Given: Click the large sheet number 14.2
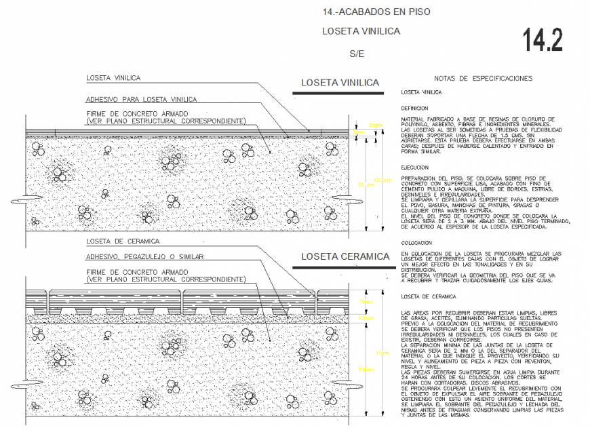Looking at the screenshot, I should pyautogui.click(x=543, y=41).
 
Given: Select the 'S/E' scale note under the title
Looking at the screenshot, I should pyautogui.click(x=357, y=52).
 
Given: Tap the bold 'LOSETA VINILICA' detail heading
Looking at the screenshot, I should pyautogui.click(x=340, y=83).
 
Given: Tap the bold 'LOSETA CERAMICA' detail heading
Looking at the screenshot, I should pyautogui.click(x=345, y=256).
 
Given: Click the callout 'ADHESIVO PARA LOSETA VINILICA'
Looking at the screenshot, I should pyautogui.click(x=141, y=99).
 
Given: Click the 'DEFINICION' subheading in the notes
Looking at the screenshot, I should pyautogui.click(x=414, y=108).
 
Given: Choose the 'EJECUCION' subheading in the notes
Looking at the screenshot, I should pyautogui.click(x=414, y=167).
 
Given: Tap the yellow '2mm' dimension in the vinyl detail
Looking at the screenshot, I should pyautogui.click(x=376, y=125).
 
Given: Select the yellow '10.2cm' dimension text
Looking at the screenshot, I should pyautogui.click(x=383, y=181).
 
